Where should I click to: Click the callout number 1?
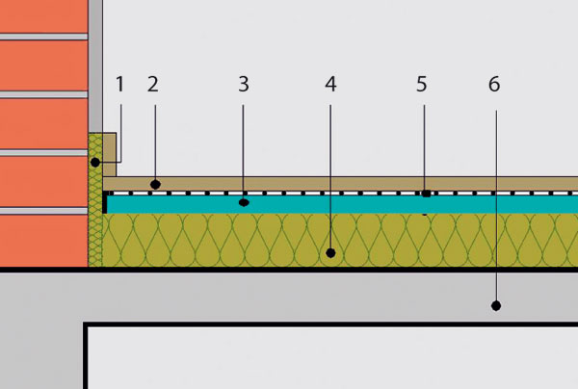tap(119, 84)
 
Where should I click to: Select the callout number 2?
tap(153, 84)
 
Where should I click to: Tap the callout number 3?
tap(244, 84)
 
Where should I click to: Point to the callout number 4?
tap(330, 84)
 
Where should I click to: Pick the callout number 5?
tap(422, 84)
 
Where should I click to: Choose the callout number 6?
tap(494, 84)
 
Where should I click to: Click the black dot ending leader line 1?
tap(95, 162)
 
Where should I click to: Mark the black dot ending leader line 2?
tap(155, 184)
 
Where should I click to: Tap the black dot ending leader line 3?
tap(244, 202)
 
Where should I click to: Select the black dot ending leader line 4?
tap(330, 253)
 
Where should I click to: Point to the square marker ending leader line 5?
tap(426, 194)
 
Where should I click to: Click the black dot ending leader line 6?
tap(496, 305)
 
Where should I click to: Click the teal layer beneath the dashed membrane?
tap(342, 204)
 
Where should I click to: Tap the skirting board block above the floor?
tap(110, 155)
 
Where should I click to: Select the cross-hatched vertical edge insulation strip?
tap(95, 199)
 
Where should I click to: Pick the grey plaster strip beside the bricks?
tap(95, 66)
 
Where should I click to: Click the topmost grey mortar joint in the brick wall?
tap(44, 37)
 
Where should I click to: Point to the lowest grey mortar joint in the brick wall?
tap(44, 211)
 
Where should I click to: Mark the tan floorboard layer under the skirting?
tap(340, 184)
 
